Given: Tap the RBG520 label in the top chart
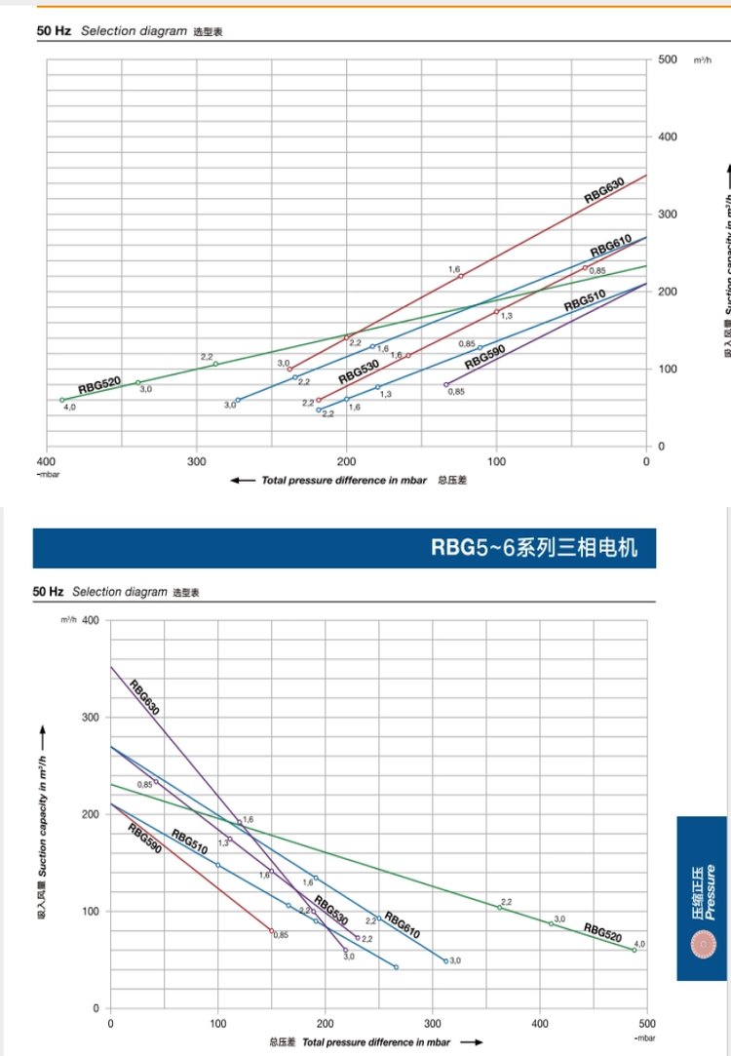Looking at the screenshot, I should click(99, 385).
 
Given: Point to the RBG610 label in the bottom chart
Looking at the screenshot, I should click(401, 925).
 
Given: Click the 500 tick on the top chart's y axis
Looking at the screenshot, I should click(667, 60).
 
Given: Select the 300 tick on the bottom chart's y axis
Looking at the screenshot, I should click(91, 717).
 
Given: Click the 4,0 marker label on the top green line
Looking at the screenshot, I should click(69, 407).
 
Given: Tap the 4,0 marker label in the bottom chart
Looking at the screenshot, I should click(639, 944).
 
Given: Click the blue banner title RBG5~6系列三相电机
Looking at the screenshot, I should click(534, 548).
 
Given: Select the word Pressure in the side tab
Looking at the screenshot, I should click(711, 891).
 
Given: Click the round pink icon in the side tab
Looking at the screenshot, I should click(702, 945).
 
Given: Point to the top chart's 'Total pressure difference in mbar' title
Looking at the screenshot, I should click(343, 481).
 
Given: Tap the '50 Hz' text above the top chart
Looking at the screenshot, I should click(54, 31).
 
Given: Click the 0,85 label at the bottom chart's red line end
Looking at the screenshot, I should click(281, 935).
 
